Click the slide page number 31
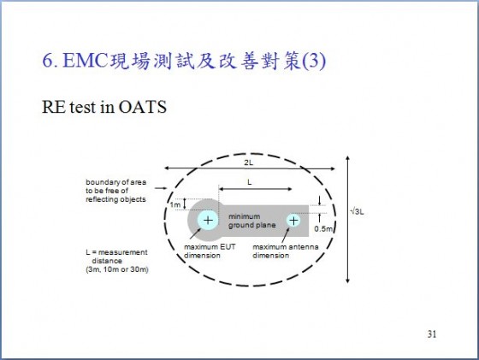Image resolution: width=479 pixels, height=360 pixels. pyautogui.click(x=432, y=334)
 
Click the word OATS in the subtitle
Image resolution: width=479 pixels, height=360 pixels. pyautogui.click(x=142, y=107)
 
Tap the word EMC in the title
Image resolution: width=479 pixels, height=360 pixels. pyautogui.click(x=86, y=61)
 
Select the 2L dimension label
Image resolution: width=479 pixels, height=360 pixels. pyautogui.click(x=249, y=162)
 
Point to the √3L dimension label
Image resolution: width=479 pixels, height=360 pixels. pyautogui.click(x=358, y=211)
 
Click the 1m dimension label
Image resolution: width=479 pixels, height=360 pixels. pyautogui.click(x=175, y=204)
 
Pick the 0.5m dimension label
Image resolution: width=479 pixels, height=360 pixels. pyautogui.click(x=323, y=228)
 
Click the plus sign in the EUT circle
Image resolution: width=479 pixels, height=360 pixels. pyautogui.click(x=208, y=220)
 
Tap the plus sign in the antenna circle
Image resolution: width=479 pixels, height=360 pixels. pyautogui.click(x=293, y=221)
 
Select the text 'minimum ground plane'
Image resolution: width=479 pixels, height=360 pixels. pyautogui.click(x=252, y=221)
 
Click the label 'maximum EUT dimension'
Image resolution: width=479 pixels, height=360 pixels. pyautogui.click(x=210, y=251)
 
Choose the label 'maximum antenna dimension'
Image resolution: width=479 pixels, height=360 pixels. pyautogui.click(x=286, y=251)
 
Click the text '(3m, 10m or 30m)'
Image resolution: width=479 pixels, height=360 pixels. pyautogui.click(x=117, y=269)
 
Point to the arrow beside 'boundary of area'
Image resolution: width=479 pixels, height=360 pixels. pyautogui.click(x=161, y=188)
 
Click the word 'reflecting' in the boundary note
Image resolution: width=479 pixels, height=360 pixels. pyautogui.click(x=101, y=199)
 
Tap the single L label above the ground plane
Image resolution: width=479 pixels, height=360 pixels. pyautogui.click(x=249, y=182)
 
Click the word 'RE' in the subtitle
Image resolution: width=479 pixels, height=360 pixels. pyautogui.click(x=53, y=107)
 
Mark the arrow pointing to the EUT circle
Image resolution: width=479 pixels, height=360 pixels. pyautogui.click(x=195, y=233)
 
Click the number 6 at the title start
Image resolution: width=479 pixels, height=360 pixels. pyautogui.click(x=48, y=61)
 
